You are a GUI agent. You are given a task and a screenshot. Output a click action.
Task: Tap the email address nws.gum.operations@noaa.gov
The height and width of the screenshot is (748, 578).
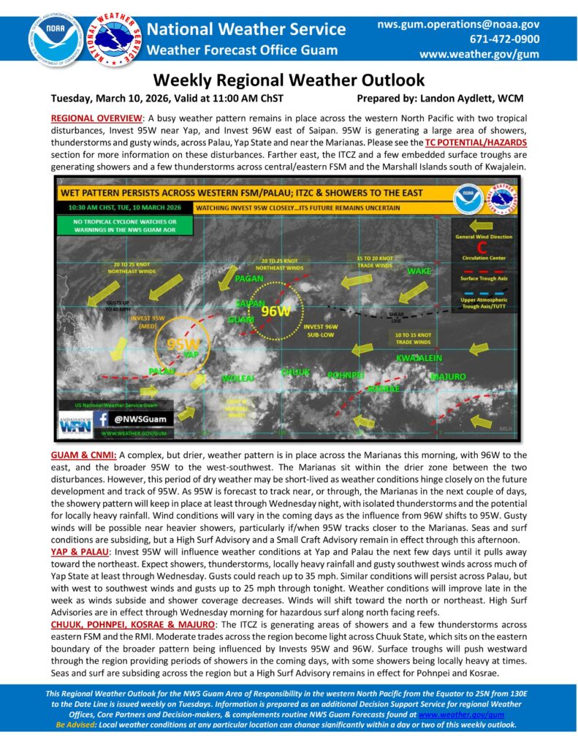coord(458,25)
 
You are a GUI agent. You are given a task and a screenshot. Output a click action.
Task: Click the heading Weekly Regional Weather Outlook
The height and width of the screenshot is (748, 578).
coord(289,80)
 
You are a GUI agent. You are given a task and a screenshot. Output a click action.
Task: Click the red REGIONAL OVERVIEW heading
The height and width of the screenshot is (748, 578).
coord(98,118)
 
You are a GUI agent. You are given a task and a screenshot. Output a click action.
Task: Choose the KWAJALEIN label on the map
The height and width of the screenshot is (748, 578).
coord(419,358)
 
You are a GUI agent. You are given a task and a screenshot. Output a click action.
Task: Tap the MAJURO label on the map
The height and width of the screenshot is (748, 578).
coord(448,377)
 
